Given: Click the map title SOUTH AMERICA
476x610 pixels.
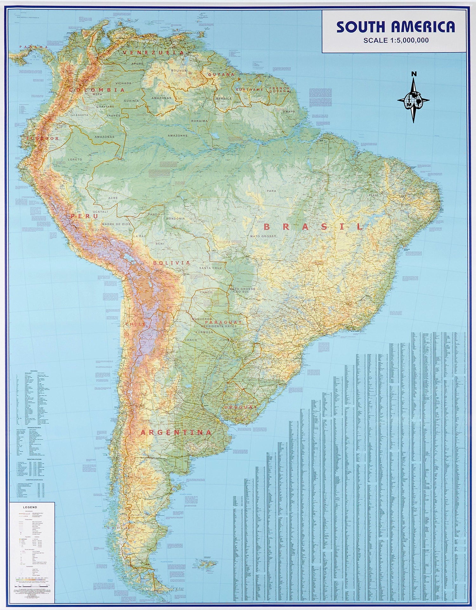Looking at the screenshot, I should click(x=395, y=27).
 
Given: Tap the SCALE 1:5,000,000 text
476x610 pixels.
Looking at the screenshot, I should click(x=396, y=40).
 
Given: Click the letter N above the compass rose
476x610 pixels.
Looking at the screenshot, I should click(x=414, y=74).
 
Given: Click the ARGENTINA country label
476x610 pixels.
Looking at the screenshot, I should click(x=176, y=432).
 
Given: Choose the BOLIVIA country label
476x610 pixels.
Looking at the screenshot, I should click(x=172, y=263).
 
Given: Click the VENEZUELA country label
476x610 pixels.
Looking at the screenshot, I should click(x=153, y=52).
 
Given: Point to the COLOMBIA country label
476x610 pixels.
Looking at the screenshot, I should click(x=97, y=90).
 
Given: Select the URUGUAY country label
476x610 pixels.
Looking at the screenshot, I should click(x=240, y=407).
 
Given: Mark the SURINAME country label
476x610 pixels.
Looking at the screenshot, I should click(x=249, y=90).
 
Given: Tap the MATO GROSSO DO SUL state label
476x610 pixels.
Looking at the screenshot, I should click(x=242, y=290).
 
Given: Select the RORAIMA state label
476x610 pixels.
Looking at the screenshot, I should click(x=199, y=121).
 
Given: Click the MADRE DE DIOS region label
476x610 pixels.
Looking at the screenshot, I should click(x=116, y=224).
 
